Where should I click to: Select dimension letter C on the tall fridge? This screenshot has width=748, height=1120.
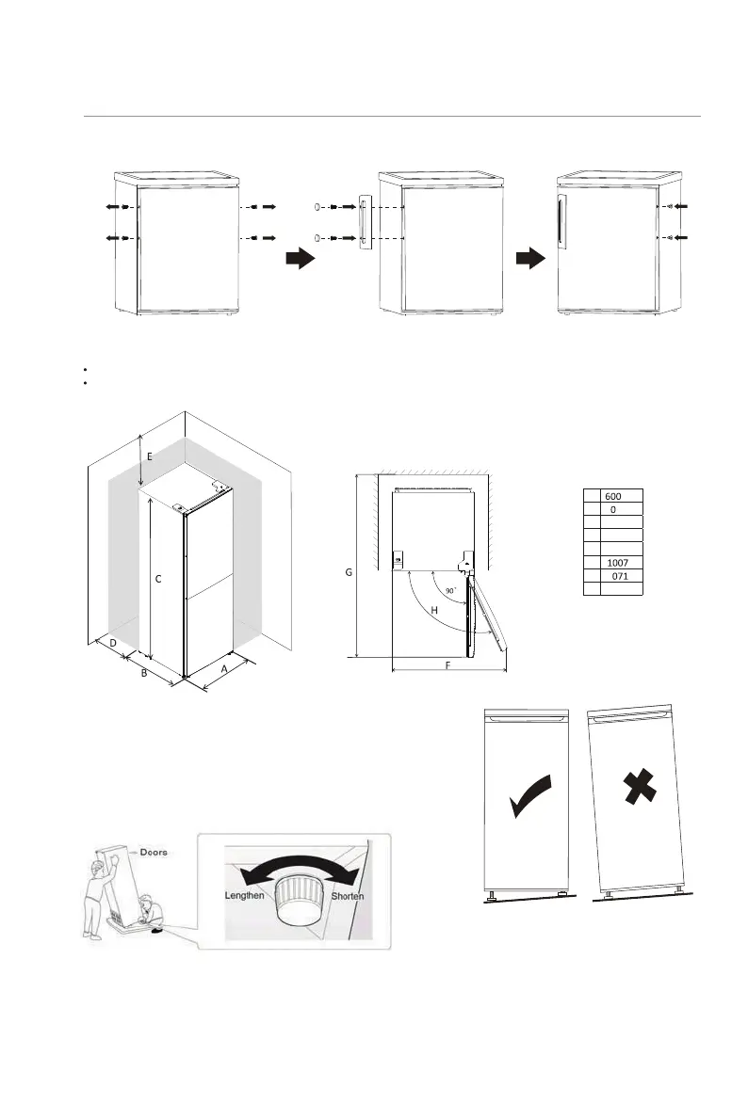158,580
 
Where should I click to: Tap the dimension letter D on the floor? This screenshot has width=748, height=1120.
112,643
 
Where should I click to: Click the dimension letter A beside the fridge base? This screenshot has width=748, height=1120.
223,669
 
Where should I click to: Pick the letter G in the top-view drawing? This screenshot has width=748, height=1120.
350,571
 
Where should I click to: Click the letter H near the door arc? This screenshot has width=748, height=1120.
434,610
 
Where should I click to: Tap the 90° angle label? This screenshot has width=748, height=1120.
451,591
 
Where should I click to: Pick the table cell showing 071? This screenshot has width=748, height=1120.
620,575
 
